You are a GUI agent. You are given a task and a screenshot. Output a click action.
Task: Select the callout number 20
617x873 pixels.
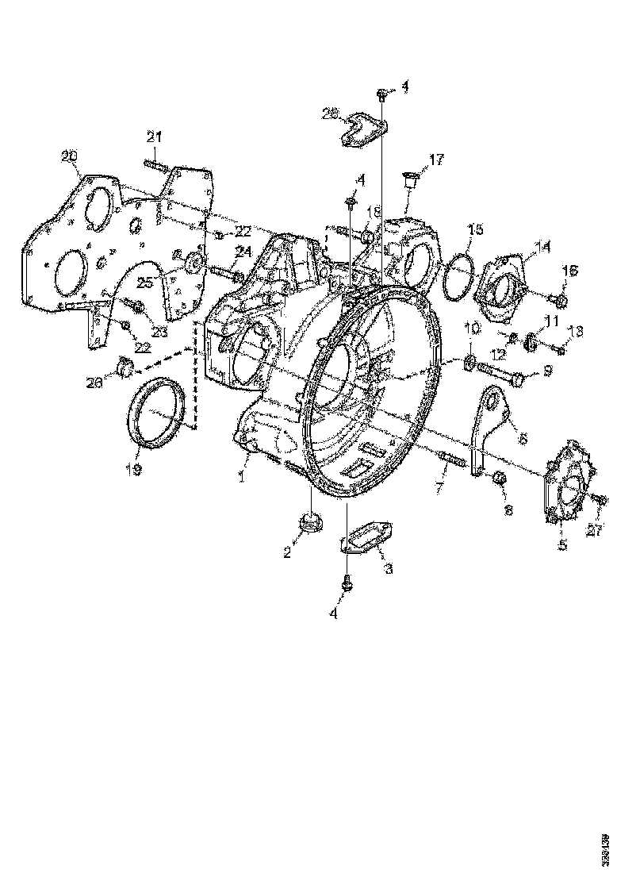[69, 156]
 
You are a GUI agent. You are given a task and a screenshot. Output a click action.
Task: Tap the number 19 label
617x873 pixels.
[132, 470]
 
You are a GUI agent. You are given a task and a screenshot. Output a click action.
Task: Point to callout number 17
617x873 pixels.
[437, 160]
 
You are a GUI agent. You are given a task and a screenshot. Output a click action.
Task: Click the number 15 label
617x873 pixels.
[473, 229]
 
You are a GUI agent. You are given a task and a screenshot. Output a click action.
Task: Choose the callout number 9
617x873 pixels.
[546, 371]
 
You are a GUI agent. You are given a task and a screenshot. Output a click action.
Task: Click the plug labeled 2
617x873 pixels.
[308, 525]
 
